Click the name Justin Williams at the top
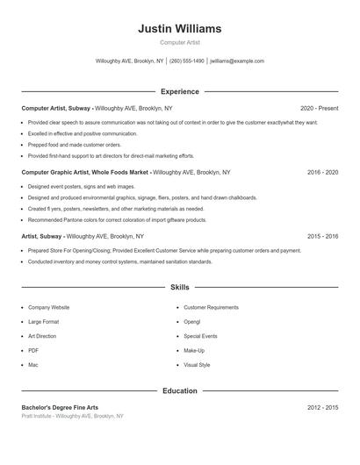[x=179, y=28]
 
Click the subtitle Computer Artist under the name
[x=179, y=42]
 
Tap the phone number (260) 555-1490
[x=186, y=61]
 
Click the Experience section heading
[x=180, y=91]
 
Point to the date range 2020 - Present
[x=319, y=108]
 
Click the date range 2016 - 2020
[x=322, y=173]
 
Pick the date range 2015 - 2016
[x=322, y=237]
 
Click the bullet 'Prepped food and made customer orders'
[x=75, y=145]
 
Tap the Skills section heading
[x=180, y=287]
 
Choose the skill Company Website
[x=48, y=308]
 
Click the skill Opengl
[x=193, y=322]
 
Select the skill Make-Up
[x=195, y=350]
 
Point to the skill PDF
[x=33, y=350]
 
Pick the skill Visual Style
[x=197, y=364]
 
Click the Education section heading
[x=180, y=390]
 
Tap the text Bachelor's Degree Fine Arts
[x=60, y=408]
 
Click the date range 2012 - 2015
[x=322, y=408]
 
